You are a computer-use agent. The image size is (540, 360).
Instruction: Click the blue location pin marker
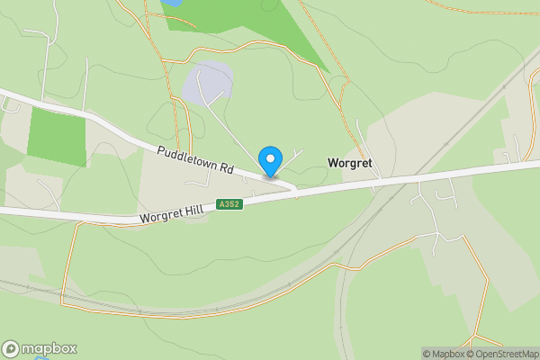(x=270, y=161)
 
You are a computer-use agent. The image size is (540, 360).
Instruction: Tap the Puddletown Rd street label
(x=195, y=161)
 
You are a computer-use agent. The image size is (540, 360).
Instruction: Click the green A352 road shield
(x=229, y=204)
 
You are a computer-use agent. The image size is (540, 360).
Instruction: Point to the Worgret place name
(x=350, y=164)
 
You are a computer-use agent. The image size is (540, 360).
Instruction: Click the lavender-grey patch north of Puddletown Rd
(x=208, y=83)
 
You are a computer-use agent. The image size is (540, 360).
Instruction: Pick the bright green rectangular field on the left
(x=58, y=135)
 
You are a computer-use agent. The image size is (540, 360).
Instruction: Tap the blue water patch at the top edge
(x=170, y=3)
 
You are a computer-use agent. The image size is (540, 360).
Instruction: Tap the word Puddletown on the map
(x=184, y=157)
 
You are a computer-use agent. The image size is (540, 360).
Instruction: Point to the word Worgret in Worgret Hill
(x=161, y=216)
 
